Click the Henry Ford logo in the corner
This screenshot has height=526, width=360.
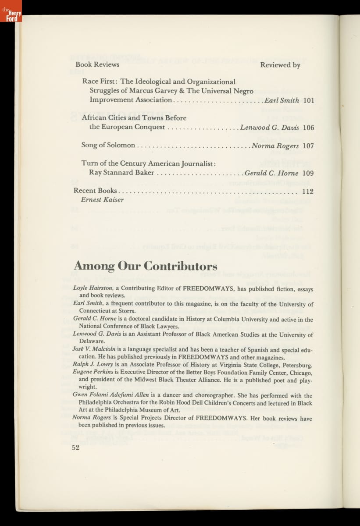pos(11,11)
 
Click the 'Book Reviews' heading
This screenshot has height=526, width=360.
pos(97,64)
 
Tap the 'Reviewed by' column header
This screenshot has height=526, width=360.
pos(280,65)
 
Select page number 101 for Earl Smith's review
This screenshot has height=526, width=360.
pos(309,100)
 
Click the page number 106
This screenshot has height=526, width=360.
pos(309,128)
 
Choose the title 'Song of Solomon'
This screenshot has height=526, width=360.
pos(108,146)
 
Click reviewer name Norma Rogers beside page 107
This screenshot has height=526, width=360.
pos(275,146)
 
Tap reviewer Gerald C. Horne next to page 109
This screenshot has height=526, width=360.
pos(271,173)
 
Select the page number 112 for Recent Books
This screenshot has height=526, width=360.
pos(308,191)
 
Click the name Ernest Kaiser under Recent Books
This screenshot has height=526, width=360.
pos(102,200)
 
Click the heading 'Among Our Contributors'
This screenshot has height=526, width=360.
pos(145,266)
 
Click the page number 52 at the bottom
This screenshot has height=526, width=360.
pos(76,448)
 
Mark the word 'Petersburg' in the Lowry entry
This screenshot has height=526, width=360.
pos(297,365)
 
